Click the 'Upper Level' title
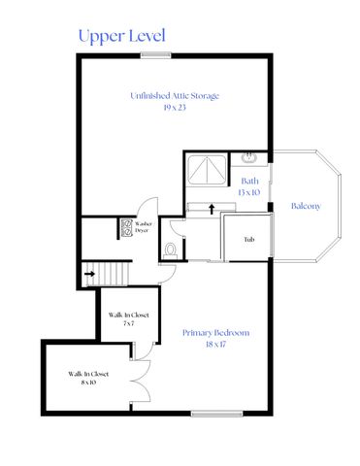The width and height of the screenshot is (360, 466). tap(121, 36)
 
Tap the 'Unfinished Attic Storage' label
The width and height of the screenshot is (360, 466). tap(175, 95)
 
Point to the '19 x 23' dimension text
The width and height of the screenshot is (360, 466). tap(175, 107)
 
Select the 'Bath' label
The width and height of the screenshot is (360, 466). tap(250, 182)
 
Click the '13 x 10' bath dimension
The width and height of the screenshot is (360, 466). tap(250, 193)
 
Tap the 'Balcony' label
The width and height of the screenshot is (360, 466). tap(306, 206)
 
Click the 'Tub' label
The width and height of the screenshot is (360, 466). tap(249, 239)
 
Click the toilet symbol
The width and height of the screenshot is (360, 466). tap(172, 250)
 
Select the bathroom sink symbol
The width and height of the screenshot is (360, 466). tap(248, 157)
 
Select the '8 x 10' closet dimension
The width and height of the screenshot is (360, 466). tap(88, 383)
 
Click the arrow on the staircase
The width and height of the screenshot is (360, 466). tap(90, 274)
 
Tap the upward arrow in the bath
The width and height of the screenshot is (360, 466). tap(211, 210)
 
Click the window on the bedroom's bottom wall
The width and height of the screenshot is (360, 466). tap(216, 415)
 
